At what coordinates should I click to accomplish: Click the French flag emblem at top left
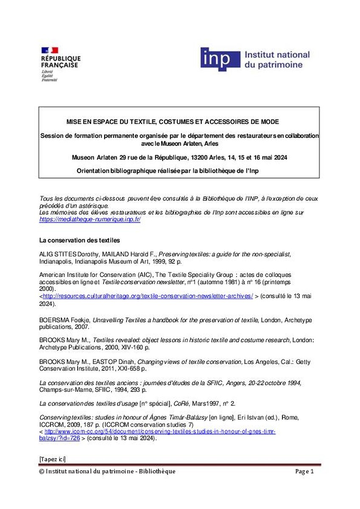(x=50, y=50)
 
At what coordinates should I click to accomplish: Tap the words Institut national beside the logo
(x=276, y=55)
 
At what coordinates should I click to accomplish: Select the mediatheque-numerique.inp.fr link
(x=90, y=219)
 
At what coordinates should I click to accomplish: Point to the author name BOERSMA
(x=53, y=320)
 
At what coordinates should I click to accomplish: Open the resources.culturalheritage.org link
(x=148, y=296)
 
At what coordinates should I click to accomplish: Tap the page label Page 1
(x=304, y=471)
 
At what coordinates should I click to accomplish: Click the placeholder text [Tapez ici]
(x=52, y=459)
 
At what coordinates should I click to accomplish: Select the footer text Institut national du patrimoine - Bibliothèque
(x=110, y=471)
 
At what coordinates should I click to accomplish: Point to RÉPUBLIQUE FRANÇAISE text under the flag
(x=61, y=62)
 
